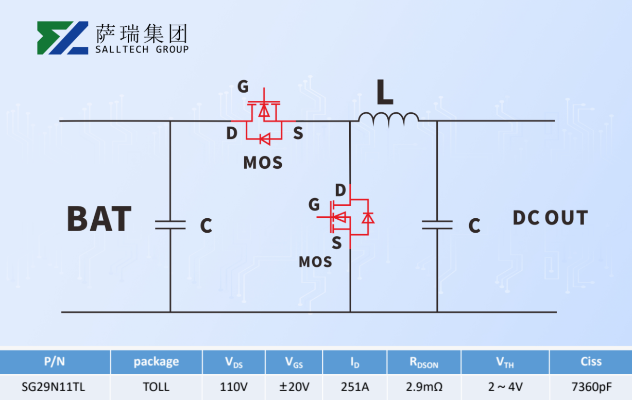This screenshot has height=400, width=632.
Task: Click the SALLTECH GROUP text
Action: point(142,49)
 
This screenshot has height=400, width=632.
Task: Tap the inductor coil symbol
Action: point(388,119)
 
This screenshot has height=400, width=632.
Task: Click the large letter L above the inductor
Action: point(384,93)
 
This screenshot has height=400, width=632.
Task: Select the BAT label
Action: point(99,218)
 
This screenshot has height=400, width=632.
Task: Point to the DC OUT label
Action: point(550,218)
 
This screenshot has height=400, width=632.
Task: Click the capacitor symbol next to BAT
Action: point(170,224)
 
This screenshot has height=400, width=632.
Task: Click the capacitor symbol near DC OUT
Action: point(437,224)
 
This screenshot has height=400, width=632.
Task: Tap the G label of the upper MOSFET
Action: point(243,86)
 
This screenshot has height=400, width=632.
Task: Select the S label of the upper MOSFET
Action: point(298,134)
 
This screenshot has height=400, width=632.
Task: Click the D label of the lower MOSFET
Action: point(340,190)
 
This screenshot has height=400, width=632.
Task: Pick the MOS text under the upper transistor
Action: point(263,163)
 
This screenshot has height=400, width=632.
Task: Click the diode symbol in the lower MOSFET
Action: point(367,218)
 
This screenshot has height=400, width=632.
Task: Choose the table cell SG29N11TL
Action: point(54,387)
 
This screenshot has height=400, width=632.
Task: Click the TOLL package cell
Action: point(156,387)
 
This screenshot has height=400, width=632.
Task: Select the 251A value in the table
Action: point(354,387)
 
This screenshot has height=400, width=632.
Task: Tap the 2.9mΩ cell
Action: point(424,387)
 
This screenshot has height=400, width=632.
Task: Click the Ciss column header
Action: point(591,361)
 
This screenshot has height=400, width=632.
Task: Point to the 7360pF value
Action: point(591,387)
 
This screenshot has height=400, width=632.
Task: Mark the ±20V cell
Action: point(294,387)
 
